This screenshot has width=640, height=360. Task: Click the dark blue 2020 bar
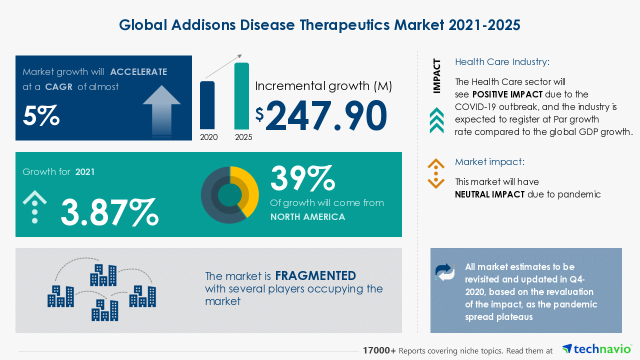[x=207, y=105]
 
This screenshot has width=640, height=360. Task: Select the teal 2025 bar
[x=241, y=95]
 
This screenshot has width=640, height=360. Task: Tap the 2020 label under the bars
[x=208, y=137]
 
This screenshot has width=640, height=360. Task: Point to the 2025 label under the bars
[x=243, y=137]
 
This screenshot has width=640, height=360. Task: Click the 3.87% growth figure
[x=109, y=211]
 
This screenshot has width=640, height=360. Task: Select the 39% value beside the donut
[x=302, y=178]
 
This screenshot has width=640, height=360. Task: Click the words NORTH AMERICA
[x=307, y=217]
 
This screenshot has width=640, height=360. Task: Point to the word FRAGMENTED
[x=315, y=276]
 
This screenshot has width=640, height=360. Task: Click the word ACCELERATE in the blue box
[x=138, y=72]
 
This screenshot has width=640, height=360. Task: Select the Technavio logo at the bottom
[x=596, y=349]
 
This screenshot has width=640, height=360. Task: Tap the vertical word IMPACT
[x=437, y=76]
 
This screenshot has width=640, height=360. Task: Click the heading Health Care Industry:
[x=502, y=62]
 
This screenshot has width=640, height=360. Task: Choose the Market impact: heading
[x=489, y=162]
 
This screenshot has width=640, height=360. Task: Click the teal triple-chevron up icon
[x=436, y=120]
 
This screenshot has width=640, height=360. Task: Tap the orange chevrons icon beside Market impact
[x=436, y=173]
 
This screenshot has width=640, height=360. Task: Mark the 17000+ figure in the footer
[x=379, y=351]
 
